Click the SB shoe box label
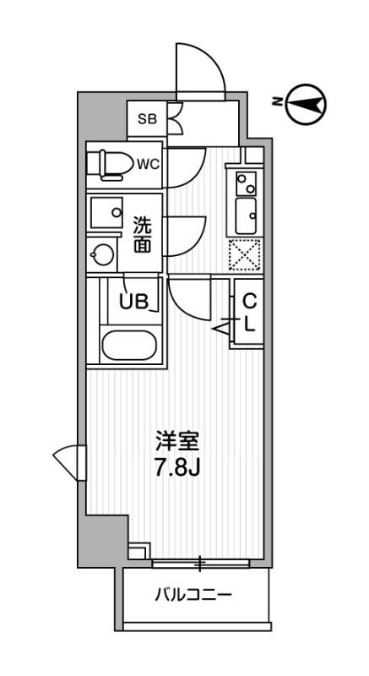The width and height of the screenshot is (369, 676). tap(147, 119)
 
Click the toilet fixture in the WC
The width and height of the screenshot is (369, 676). tap(111, 163)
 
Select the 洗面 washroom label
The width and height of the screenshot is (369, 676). tap(143, 235)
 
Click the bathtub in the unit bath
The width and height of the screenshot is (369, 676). tap(128, 346)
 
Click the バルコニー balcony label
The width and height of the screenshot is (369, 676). tap(193, 595)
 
